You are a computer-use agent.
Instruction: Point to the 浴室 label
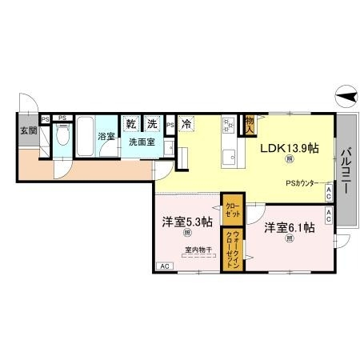point(106,137)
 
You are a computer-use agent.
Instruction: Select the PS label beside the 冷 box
point(170,125)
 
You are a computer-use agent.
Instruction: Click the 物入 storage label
point(250,122)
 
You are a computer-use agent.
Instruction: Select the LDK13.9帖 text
point(288,148)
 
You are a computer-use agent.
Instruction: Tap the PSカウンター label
point(303,182)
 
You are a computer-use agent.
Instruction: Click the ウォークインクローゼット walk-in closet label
point(232,250)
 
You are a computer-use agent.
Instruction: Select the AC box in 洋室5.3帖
point(164,266)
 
